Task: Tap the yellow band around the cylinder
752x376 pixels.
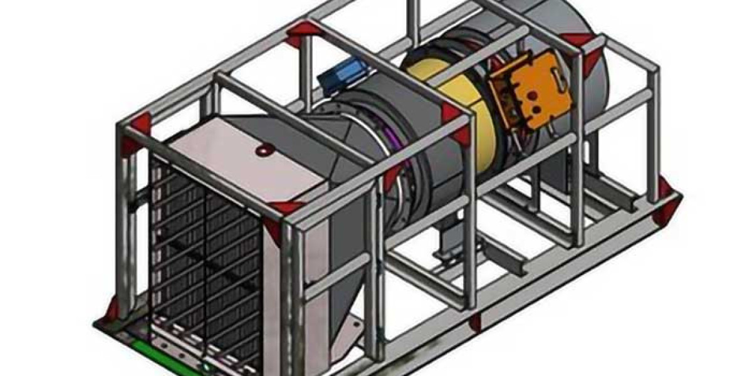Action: tap(439, 88)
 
